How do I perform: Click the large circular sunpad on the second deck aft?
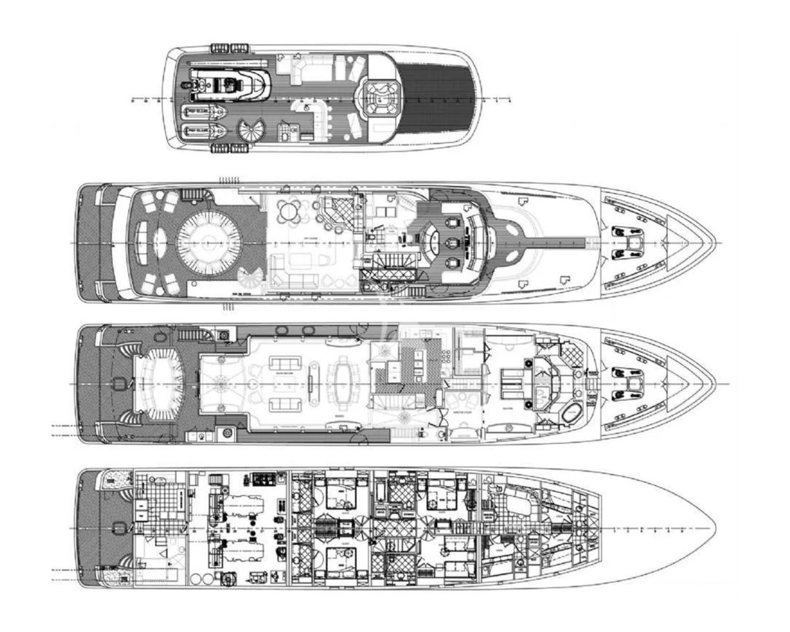pos(209,242)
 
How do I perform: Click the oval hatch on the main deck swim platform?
pos(118,384)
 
